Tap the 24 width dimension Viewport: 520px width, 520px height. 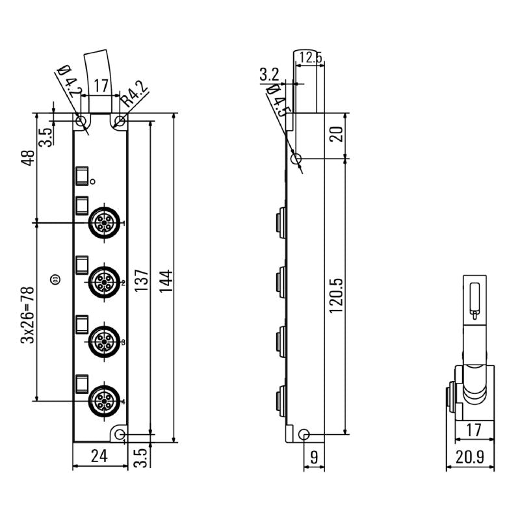tap(99, 456)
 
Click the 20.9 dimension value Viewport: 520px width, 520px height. tap(469, 456)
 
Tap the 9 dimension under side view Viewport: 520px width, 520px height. tap(315, 457)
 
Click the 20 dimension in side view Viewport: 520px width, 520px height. tap(335, 135)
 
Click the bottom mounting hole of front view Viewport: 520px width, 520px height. tap(120, 434)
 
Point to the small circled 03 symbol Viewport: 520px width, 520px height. tap(55, 279)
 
